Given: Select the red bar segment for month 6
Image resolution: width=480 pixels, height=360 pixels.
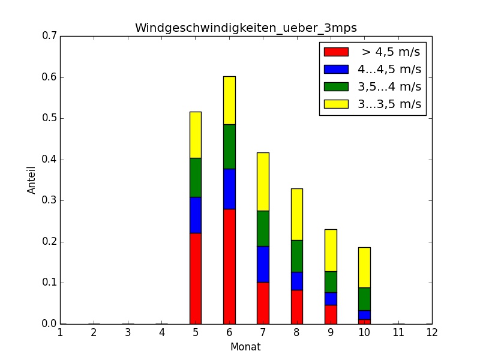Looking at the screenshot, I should click(x=229, y=266).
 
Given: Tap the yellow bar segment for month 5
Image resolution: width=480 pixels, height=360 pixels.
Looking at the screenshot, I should click(x=196, y=135).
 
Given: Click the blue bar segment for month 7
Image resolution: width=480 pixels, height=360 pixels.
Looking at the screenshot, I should click(x=263, y=264).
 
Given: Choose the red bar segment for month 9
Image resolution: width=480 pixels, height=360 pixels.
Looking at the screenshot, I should click(x=330, y=314).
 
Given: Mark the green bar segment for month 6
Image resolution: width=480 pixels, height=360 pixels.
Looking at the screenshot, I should click(x=229, y=146).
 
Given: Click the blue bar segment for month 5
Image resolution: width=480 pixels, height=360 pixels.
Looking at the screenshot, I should click(x=196, y=215).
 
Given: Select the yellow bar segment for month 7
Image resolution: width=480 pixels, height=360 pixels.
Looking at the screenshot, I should click(x=263, y=181).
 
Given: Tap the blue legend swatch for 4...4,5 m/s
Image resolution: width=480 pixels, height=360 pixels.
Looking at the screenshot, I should click(x=336, y=69).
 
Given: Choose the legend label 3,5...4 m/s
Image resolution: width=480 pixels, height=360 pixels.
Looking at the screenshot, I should click(x=389, y=86).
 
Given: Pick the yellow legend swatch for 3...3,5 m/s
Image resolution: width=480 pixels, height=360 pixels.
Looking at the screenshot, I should click(x=336, y=104).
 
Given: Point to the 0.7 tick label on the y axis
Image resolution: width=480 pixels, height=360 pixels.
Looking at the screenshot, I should click(x=50, y=37).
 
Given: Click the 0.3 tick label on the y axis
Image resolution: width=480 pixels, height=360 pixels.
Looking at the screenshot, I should click(x=50, y=201).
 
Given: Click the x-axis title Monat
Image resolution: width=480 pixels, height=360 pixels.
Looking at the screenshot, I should click(x=246, y=347).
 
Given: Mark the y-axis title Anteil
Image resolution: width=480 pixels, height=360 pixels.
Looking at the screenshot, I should click(x=32, y=180).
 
